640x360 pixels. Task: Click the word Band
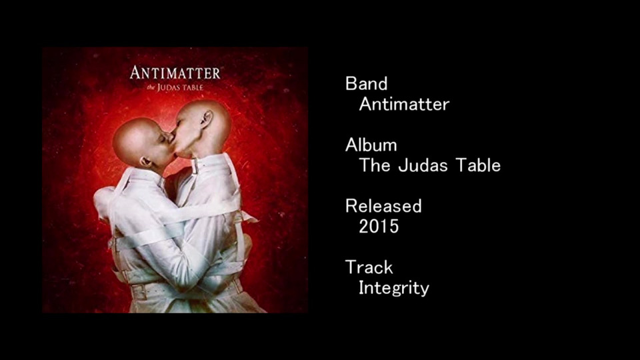pos(366,84)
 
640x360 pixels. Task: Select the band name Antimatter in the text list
pos(404,104)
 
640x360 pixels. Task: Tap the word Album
pos(371,145)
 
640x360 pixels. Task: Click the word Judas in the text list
pos(423,165)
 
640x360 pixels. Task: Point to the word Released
pos(383,206)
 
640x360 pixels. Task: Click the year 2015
pos(379,227)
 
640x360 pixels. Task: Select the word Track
pos(369,267)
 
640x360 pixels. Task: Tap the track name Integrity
pos(394,288)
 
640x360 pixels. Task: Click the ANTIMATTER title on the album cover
pos(175,73)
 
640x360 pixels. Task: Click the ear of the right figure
pos(207,119)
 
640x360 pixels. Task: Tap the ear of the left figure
pos(145,161)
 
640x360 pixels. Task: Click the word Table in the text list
pos(478,165)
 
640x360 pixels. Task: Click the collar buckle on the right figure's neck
pos(195,166)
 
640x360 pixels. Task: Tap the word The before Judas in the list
pos(375,165)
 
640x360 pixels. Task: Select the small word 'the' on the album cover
pos(151,88)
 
